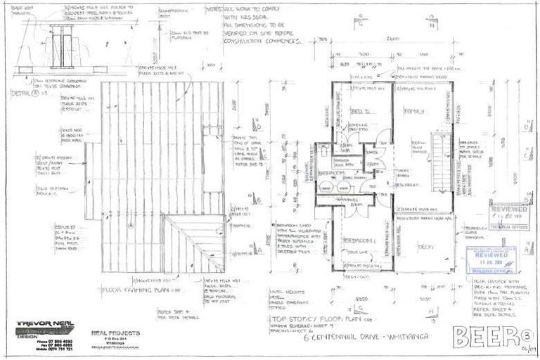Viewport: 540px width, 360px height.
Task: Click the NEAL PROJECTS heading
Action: click(x=115, y=332)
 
